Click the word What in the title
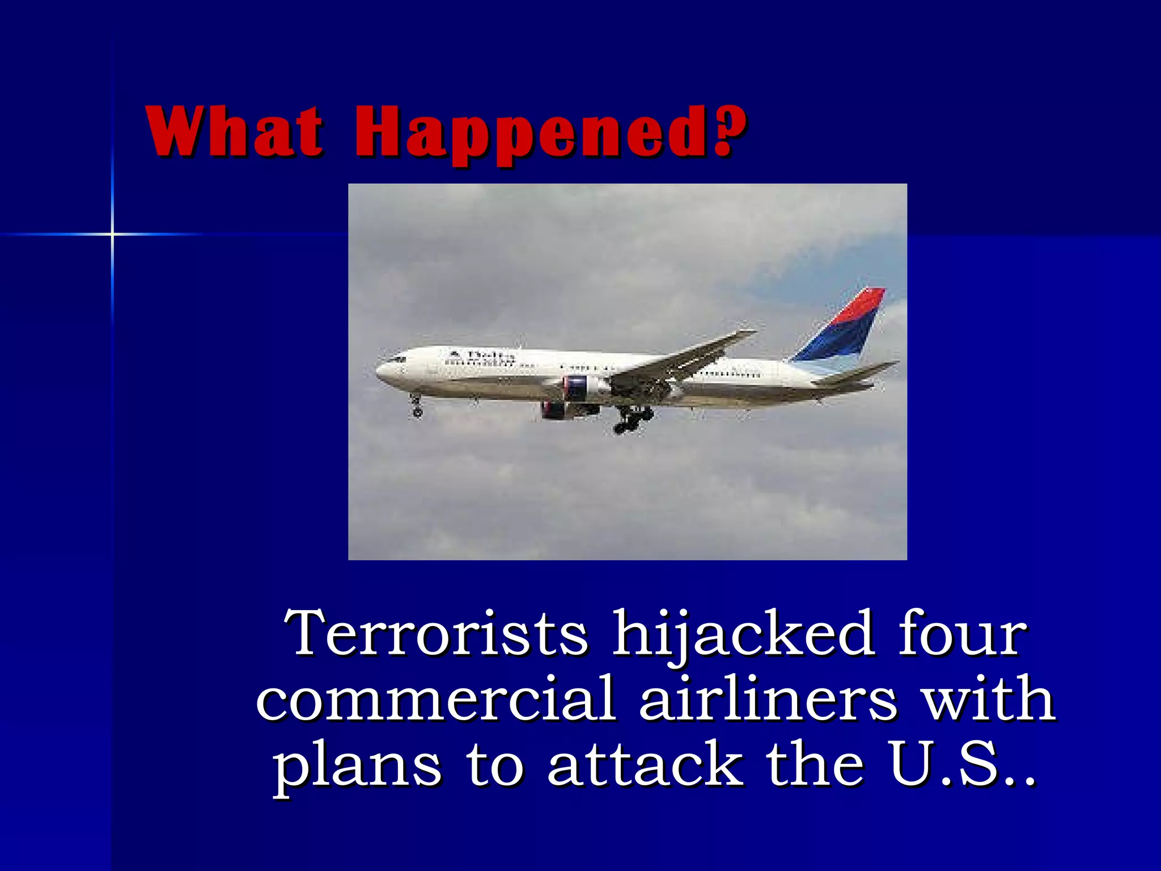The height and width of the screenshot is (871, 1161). pos(235,132)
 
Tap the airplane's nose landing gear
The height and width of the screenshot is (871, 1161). pos(417,407)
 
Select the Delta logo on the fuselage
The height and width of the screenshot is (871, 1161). pos(482,356)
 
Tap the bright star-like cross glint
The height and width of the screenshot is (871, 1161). pos(112,234)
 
